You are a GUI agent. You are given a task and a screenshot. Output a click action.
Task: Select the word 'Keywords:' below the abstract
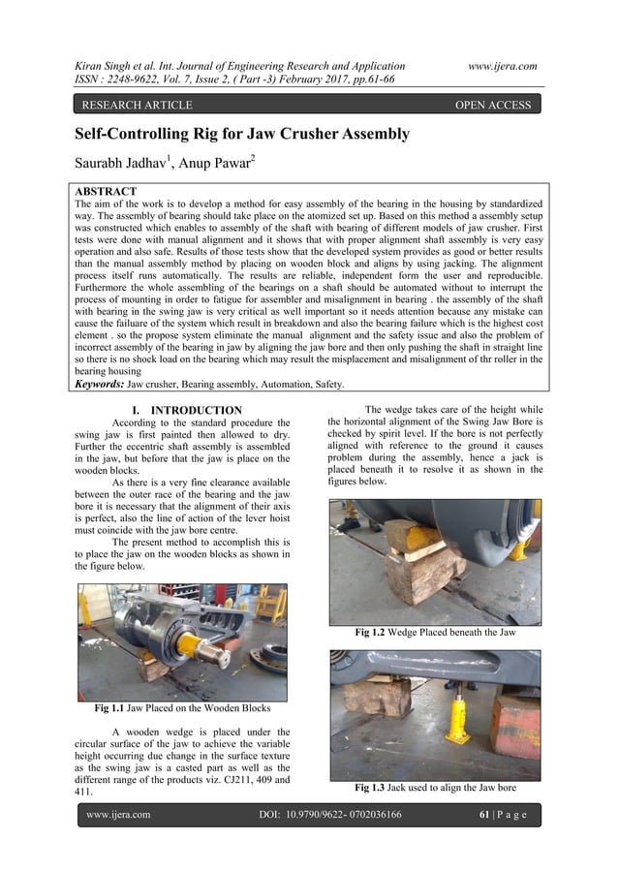tap(100, 384)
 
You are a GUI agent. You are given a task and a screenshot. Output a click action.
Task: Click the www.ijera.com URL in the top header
tap(502, 65)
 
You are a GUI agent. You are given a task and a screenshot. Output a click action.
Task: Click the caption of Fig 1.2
tap(435, 633)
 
